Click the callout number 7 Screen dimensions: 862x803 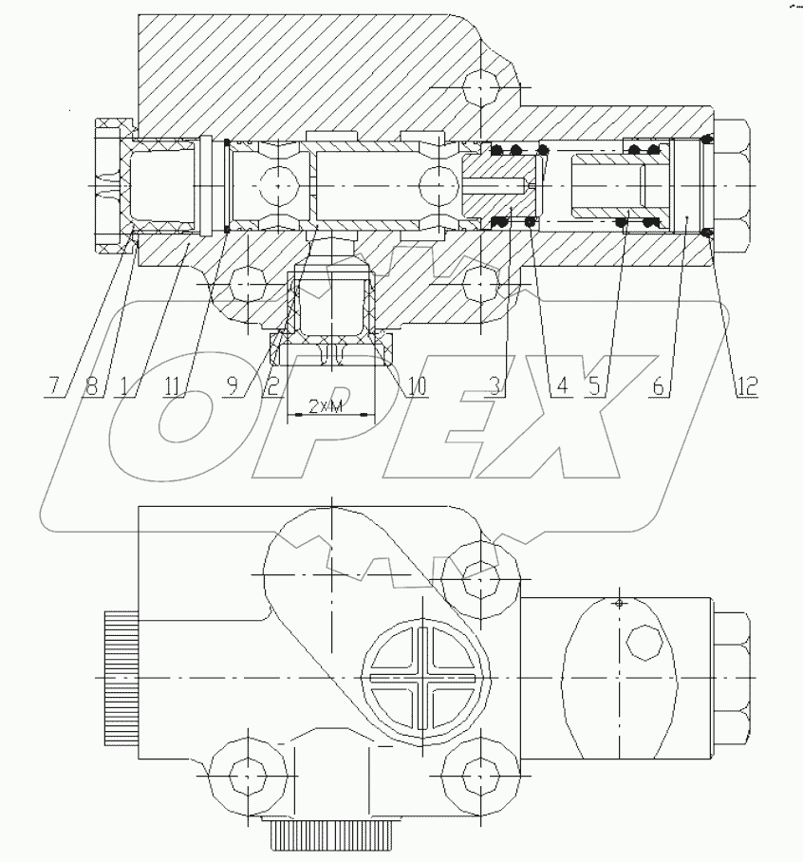click(x=52, y=385)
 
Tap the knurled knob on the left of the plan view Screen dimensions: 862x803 click(x=119, y=678)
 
